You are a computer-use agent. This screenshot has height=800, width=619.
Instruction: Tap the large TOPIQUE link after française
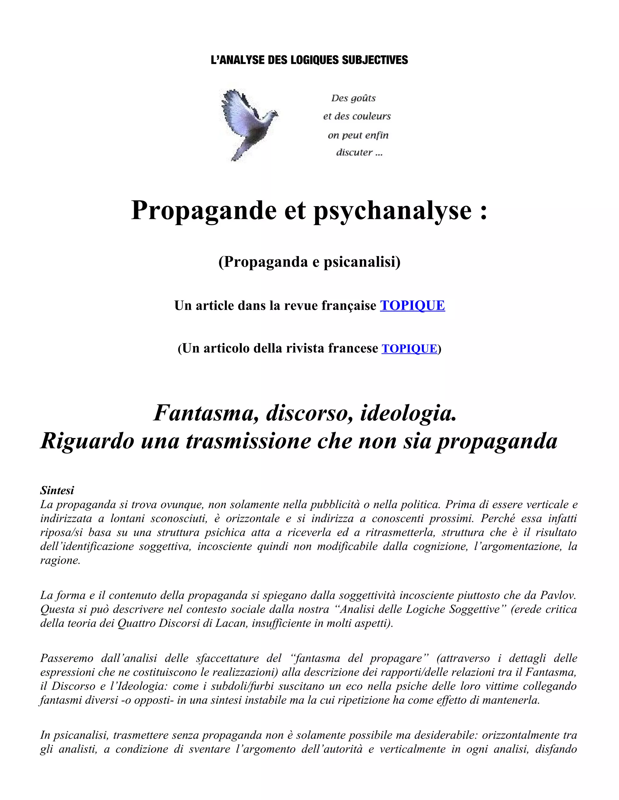pos(412,305)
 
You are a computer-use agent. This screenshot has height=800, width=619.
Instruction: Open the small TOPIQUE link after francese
pos(409,348)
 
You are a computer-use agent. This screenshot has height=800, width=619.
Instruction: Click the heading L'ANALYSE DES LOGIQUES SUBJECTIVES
pos(309,60)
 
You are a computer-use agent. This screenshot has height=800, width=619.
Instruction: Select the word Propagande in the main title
pos(203,210)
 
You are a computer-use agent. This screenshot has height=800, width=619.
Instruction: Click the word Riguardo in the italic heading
pos(87,441)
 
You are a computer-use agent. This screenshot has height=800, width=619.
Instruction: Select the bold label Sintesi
pos(57,490)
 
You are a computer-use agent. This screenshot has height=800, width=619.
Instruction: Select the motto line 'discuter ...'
pos(359,152)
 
